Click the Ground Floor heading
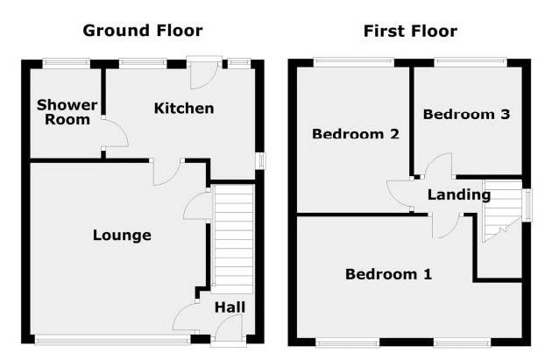tap(143, 31)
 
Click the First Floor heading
tap(410, 32)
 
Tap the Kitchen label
tap(184, 109)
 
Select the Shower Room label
tap(67, 112)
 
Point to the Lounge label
tap(122, 236)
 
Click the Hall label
tap(230, 307)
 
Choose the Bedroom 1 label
tap(388, 274)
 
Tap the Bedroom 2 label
tap(356, 134)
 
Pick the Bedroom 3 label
tap(466, 114)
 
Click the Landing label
tap(459, 194)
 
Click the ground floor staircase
tap(234, 239)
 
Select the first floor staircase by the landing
tap(502, 211)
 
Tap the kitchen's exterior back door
tap(204, 72)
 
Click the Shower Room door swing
tap(115, 134)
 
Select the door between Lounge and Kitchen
tap(166, 172)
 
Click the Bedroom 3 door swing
tap(438, 166)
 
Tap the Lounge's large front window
tap(113, 340)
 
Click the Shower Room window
tap(67, 63)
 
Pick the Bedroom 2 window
tap(354, 62)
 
